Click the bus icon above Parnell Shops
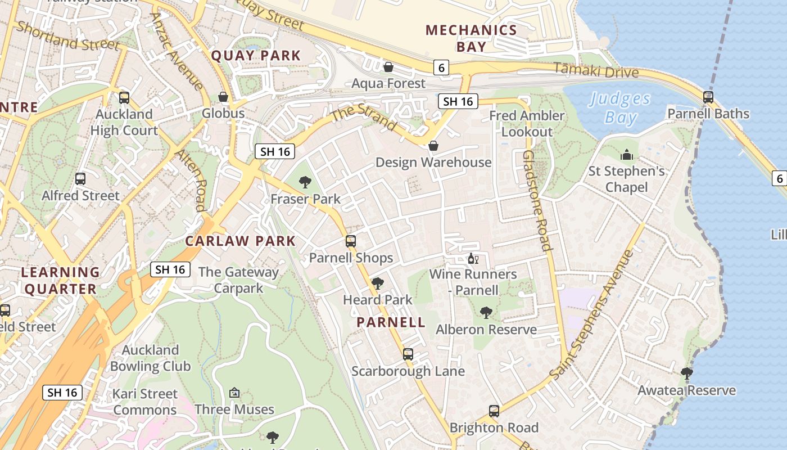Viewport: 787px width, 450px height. click(x=351, y=241)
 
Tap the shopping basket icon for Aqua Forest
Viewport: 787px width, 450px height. click(x=388, y=67)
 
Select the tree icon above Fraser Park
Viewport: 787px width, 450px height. click(x=305, y=182)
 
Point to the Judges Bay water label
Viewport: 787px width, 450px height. click(x=620, y=109)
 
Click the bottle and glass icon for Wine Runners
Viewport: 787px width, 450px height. click(x=473, y=259)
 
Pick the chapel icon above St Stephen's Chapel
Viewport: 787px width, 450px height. click(x=626, y=155)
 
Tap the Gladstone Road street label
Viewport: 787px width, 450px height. click(x=537, y=200)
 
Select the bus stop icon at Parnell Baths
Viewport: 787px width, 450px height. click(x=708, y=97)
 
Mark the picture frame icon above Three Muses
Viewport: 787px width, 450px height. click(x=234, y=393)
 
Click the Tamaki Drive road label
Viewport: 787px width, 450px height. click(x=596, y=71)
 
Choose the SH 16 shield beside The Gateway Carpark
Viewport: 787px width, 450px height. click(x=170, y=269)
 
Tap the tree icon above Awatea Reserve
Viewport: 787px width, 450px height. click(x=686, y=373)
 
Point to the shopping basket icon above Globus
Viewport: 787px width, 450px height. click(x=223, y=97)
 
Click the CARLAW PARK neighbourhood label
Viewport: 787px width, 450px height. click(x=240, y=241)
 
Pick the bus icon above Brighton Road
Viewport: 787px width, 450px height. click(x=494, y=411)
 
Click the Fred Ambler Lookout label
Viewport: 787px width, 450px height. click(x=527, y=124)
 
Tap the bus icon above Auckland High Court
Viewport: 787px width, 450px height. click(x=124, y=98)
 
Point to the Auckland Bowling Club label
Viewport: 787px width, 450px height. click(x=150, y=358)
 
